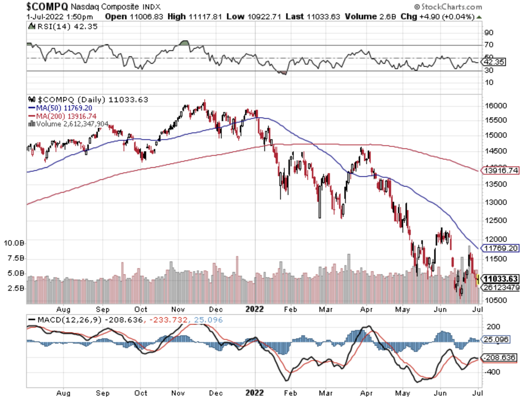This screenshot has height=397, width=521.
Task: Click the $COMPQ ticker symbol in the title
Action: [x=47, y=6]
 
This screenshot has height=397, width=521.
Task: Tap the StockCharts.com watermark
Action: [x=448, y=7]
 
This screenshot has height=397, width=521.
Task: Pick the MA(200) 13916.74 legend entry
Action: [x=63, y=116]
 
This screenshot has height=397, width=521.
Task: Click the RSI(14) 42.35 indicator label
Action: [x=63, y=26]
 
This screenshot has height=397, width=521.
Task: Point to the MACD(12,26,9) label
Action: [x=65, y=320]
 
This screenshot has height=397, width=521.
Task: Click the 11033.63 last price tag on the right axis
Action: [x=500, y=279]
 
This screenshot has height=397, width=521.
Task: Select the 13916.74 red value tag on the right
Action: [x=501, y=170]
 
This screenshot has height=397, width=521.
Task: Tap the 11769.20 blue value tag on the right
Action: [x=501, y=248]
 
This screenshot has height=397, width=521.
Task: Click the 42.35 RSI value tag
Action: [x=494, y=62]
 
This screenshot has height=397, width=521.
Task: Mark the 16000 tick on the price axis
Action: [x=496, y=105]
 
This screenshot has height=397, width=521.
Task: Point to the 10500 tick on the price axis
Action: [x=496, y=300]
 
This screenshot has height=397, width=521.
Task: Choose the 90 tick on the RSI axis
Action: [x=489, y=33]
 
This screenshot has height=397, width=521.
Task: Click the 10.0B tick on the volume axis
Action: [x=14, y=243]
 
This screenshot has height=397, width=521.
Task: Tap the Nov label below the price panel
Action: [x=178, y=309]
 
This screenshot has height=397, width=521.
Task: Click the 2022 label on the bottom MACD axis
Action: [x=254, y=393]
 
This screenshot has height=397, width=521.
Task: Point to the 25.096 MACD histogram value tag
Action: [x=496, y=339]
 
